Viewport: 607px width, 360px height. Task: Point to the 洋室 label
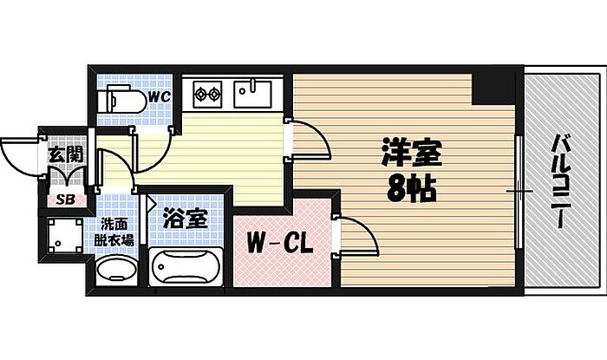tap(411, 154)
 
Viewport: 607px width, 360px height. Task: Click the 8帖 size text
tap(408, 188)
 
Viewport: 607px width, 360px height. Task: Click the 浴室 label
tap(186, 218)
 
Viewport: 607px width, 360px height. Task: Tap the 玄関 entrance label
tap(63, 156)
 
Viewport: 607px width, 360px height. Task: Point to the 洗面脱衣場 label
tap(114, 231)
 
